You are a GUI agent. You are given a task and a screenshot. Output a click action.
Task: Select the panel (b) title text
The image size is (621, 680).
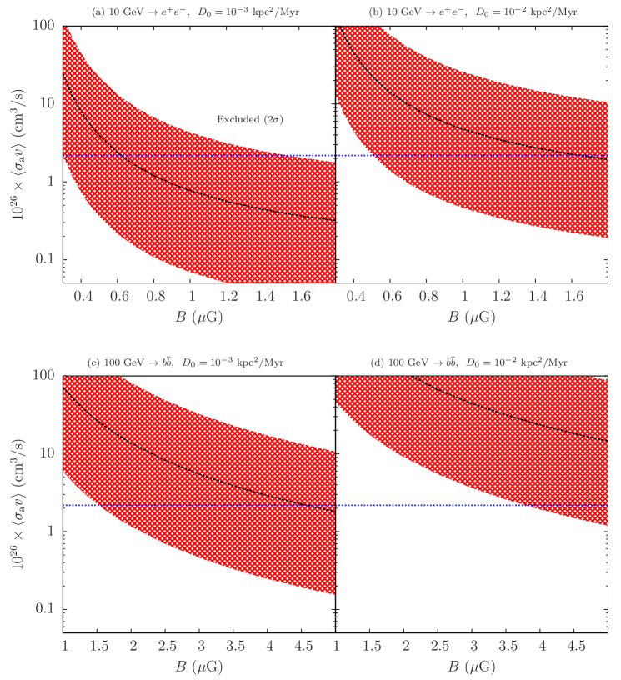coord(473,12)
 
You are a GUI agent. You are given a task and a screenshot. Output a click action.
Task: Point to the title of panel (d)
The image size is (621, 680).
coord(469,363)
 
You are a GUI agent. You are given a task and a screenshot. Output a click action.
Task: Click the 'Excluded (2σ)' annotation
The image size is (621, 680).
coord(249,120)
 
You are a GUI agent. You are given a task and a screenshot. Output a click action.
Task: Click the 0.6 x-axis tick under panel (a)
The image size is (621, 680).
coord(119,296)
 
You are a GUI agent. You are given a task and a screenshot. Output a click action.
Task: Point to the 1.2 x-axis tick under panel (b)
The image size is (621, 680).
coord(500,296)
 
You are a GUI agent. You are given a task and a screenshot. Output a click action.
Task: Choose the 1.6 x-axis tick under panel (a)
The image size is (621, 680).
coord(302,296)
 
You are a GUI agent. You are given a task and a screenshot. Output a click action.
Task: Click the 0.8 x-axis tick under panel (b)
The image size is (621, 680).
coord(428,296)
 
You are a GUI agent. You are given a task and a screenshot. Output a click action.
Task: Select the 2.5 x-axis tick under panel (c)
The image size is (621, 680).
coord(167,646)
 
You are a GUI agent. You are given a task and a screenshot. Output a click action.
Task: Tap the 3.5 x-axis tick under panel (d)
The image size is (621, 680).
coord(508,646)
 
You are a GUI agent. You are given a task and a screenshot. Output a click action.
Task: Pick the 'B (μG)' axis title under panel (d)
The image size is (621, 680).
coord(472,667)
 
